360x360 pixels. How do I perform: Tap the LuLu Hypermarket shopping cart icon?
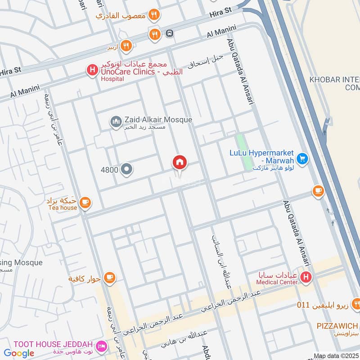click(x=302, y=158)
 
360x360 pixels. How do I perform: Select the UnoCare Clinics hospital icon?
click(x=92, y=70)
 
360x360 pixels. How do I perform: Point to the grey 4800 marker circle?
click(x=127, y=170)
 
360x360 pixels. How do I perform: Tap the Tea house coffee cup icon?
click(x=85, y=203)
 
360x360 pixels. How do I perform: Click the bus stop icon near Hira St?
click(x=169, y=33)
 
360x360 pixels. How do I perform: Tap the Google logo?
click(x=19, y=353)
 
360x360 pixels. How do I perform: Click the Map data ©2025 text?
click(x=336, y=356)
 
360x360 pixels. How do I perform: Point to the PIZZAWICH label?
click(x=337, y=326)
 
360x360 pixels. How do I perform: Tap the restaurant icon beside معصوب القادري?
click(x=154, y=15)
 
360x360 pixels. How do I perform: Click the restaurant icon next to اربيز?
click(x=126, y=45)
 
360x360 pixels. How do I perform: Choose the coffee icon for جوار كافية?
click(x=109, y=278)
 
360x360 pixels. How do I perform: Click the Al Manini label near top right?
click(x=221, y=32)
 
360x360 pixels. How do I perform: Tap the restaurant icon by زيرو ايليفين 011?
click(x=355, y=305)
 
